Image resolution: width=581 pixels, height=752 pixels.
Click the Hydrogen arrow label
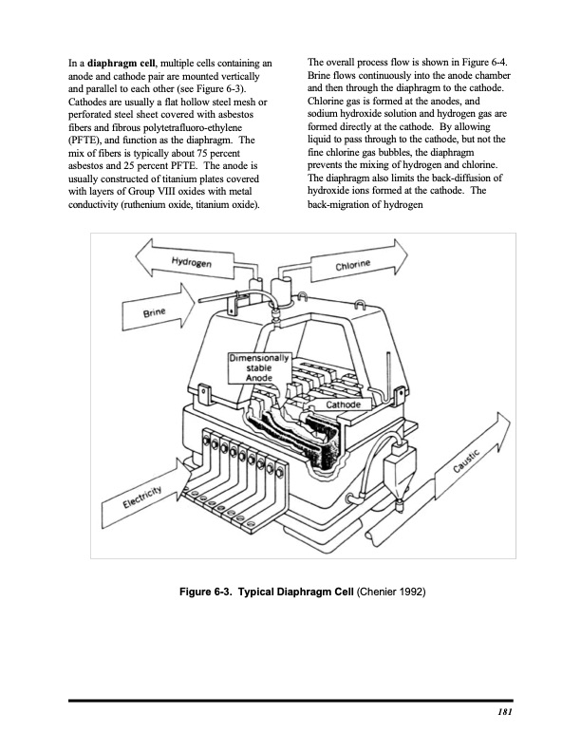(191, 261)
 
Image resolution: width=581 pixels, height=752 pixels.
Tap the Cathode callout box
(344, 405)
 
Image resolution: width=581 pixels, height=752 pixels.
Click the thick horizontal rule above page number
(290, 701)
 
